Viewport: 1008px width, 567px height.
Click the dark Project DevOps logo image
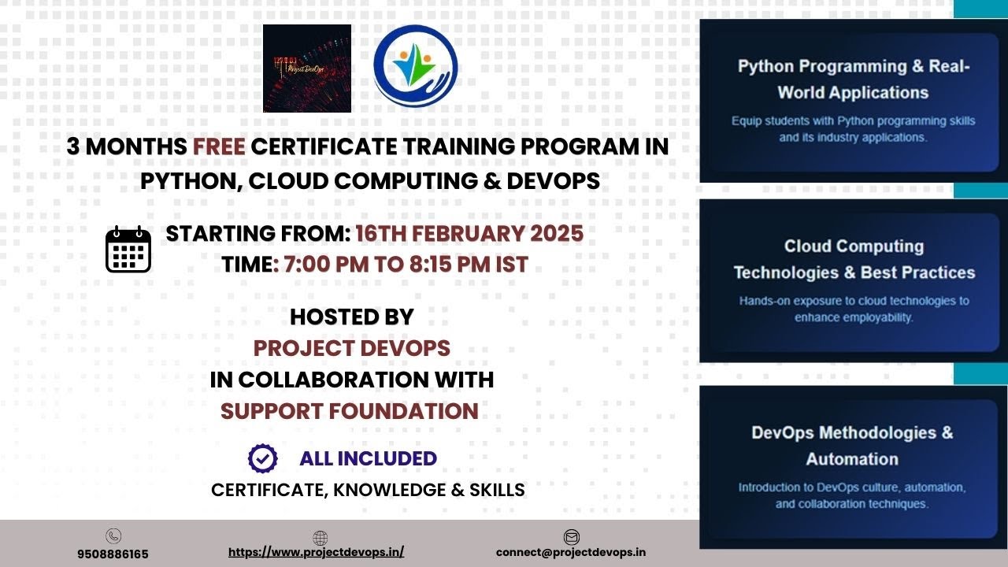(307, 69)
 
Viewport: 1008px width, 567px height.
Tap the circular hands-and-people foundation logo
(415, 65)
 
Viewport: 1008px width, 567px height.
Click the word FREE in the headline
(220, 146)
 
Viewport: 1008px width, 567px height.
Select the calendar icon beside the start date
(128, 250)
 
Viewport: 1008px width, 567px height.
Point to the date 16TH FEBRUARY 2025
(469, 234)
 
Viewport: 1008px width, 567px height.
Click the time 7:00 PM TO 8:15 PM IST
(400, 265)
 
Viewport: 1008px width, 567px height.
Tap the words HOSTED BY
(351, 317)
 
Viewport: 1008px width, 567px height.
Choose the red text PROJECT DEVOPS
(351, 347)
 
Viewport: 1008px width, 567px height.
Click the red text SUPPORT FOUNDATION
(350, 411)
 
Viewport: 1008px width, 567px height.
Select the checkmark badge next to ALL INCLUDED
(262, 458)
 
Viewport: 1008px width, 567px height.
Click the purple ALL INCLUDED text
(368, 458)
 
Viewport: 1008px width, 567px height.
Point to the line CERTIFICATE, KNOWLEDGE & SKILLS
(368, 490)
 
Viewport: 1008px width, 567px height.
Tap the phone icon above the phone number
(113, 536)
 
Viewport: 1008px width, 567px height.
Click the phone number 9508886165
(113, 554)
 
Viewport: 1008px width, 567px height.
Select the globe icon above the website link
(320, 538)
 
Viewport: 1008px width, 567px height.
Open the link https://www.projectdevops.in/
(316, 552)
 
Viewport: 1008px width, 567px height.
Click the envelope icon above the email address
(572, 537)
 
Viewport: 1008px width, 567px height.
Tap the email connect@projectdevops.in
(571, 552)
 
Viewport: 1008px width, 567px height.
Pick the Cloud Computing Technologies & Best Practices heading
(854, 259)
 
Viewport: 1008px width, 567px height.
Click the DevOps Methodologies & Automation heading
(852, 445)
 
